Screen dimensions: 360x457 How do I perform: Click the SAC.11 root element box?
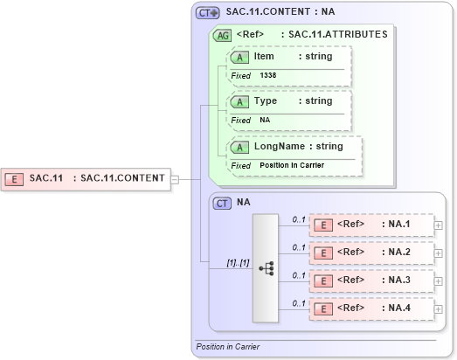87,178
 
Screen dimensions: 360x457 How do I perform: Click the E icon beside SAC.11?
15,179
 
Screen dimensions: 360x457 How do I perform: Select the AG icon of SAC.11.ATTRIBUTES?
222,35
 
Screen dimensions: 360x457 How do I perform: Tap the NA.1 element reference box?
371,225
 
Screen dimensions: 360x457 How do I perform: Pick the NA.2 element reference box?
371,253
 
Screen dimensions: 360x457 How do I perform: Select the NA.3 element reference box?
371,280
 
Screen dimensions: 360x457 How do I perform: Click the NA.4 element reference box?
371,308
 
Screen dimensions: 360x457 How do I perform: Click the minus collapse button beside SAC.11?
176,179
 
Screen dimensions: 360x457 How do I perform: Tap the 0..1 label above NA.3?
299,274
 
